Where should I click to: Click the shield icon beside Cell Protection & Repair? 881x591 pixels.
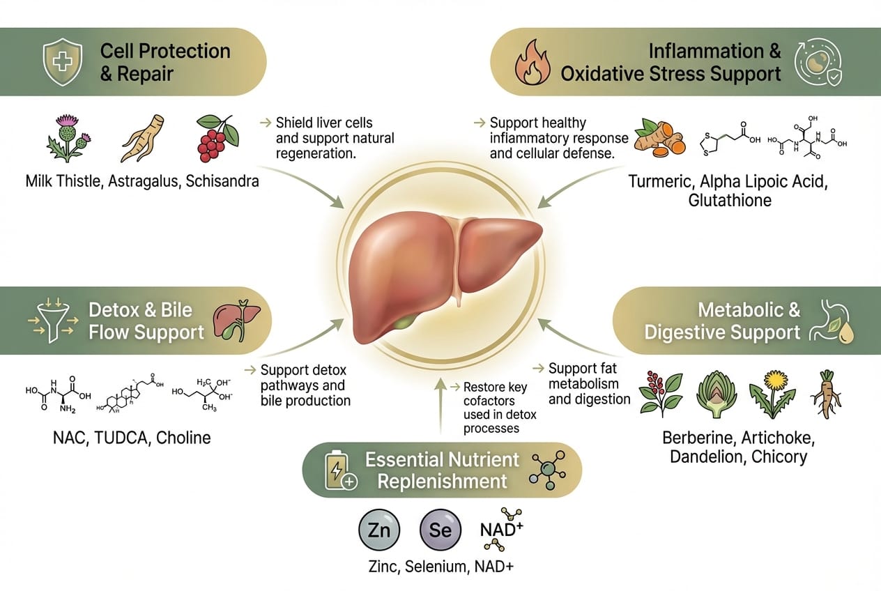pos(63,62)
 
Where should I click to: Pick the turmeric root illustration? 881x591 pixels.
pos(660,138)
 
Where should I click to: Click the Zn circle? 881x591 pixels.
pos(379,530)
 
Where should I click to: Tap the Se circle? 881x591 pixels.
pos(440,530)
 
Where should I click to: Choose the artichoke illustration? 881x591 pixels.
pos(716,394)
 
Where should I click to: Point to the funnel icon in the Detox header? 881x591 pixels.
pos(53,321)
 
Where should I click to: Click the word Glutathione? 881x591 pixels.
pos(730,201)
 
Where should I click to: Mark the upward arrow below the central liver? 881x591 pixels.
pos(441,406)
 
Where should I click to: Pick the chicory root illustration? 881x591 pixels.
pos(826,394)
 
